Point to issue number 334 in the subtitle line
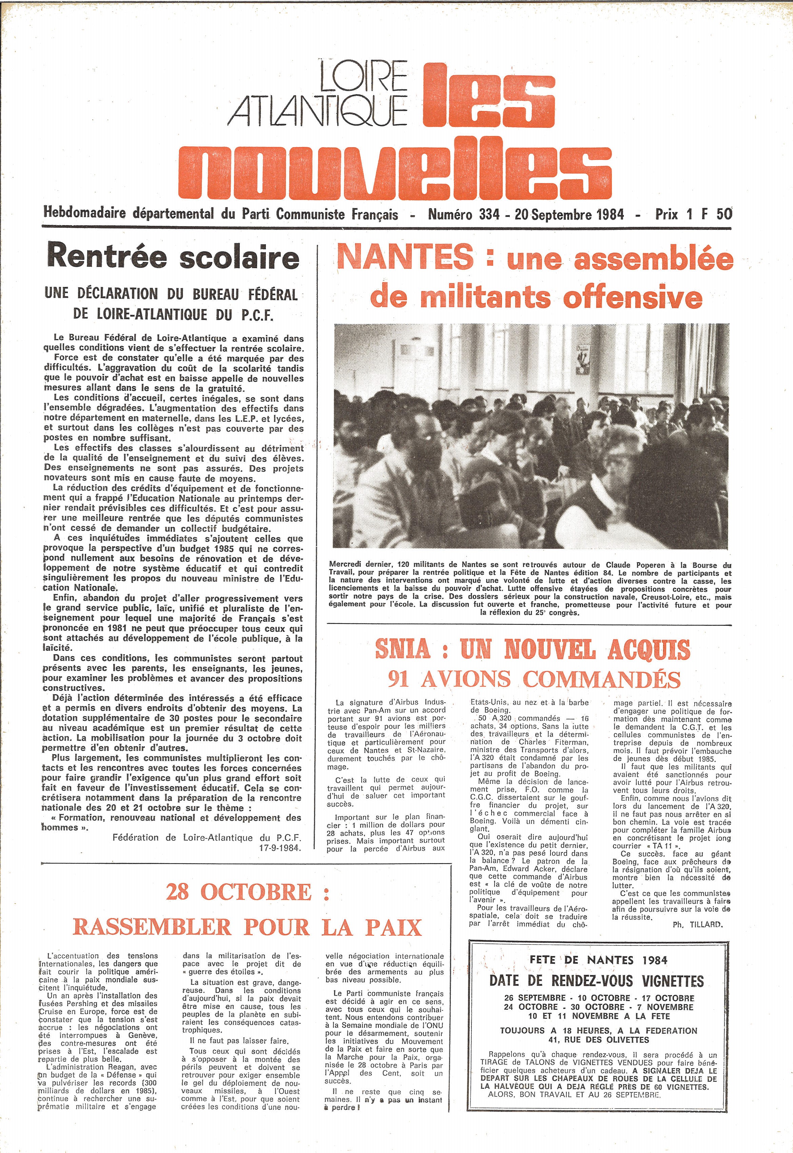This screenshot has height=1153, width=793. (x=489, y=215)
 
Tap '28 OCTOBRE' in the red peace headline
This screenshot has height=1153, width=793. (x=238, y=892)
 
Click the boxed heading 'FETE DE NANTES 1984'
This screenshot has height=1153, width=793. (x=598, y=960)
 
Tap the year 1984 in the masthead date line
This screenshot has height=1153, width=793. (x=609, y=215)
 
